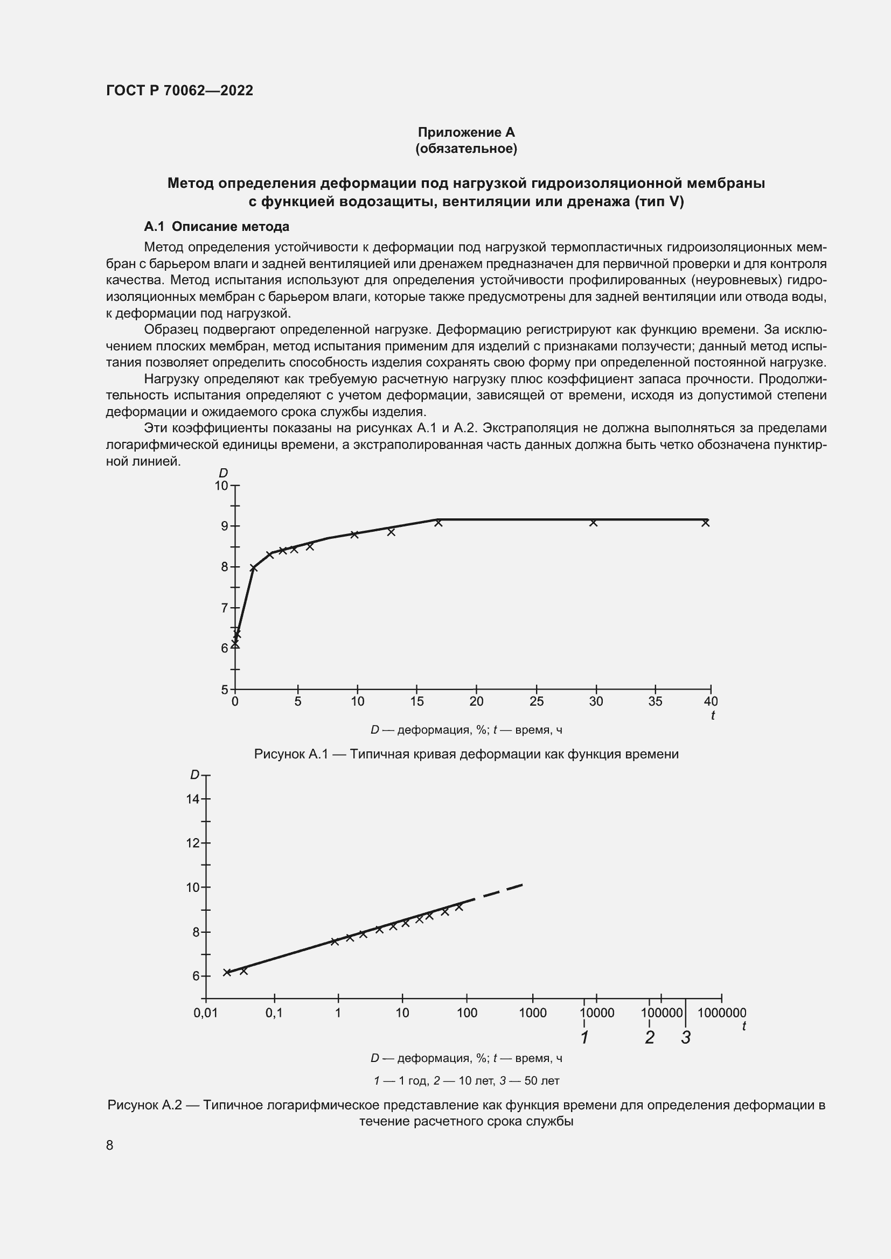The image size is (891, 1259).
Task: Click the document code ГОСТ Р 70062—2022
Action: (179, 90)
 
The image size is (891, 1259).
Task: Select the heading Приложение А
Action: (466, 132)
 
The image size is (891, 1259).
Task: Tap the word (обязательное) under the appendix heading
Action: (466, 149)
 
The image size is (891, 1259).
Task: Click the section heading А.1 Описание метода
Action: (216, 227)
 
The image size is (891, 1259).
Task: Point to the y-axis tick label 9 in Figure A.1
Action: (225, 526)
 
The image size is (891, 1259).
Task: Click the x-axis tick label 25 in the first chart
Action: (536, 701)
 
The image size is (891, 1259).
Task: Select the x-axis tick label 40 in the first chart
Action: (711, 701)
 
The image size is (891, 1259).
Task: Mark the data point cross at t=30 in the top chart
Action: (593, 523)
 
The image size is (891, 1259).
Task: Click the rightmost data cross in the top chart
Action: (706, 523)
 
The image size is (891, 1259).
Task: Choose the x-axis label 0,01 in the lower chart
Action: (206, 1014)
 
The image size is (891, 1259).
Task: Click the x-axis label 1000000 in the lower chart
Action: (721, 1014)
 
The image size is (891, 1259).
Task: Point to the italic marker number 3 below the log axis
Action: (686, 1037)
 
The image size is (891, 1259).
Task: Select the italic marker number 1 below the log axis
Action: (584, 1037)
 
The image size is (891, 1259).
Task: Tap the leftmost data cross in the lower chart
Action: (227, 972)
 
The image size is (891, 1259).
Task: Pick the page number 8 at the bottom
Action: (110, 1145)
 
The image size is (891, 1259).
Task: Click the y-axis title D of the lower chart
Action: (195, 775)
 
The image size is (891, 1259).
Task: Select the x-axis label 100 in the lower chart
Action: (467, 1014)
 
